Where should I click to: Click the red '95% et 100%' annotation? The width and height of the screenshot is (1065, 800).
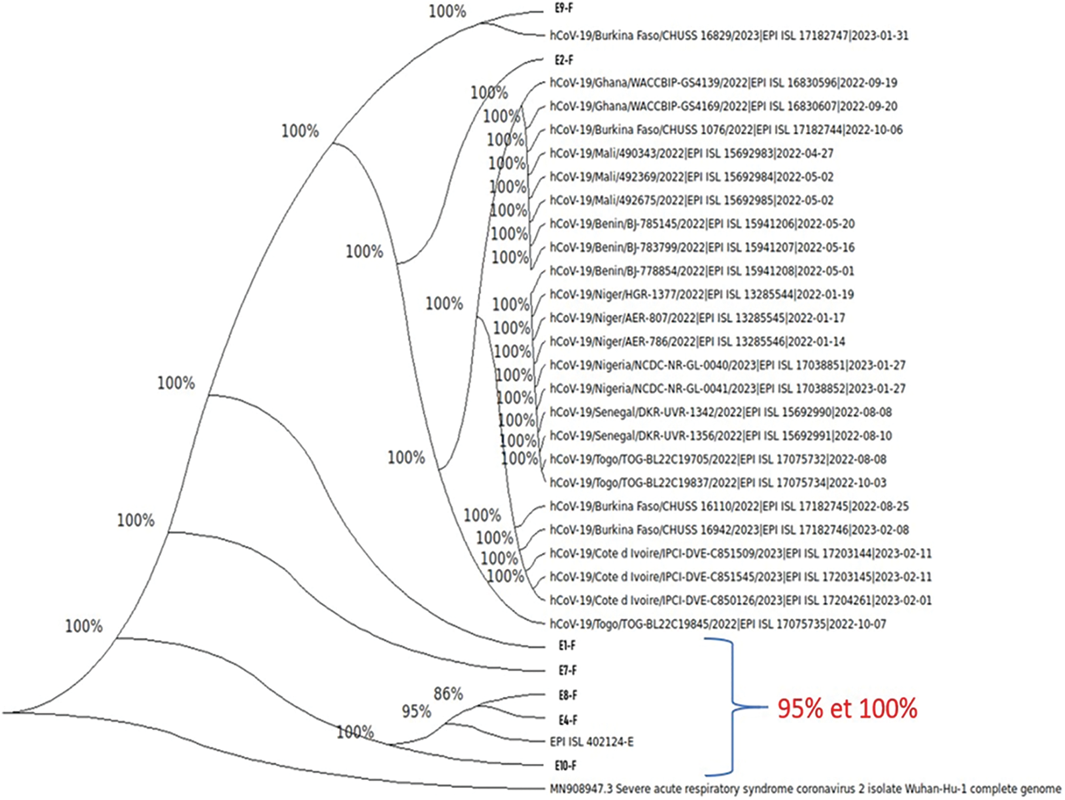847,708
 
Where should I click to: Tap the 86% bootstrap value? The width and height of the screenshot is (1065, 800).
448,694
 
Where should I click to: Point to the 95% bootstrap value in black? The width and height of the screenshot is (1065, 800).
416,711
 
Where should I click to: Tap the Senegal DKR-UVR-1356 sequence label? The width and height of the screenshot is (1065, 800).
721,436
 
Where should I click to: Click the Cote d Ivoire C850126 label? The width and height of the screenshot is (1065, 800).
741,600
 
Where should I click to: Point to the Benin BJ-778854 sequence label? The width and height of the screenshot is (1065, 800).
702,271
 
